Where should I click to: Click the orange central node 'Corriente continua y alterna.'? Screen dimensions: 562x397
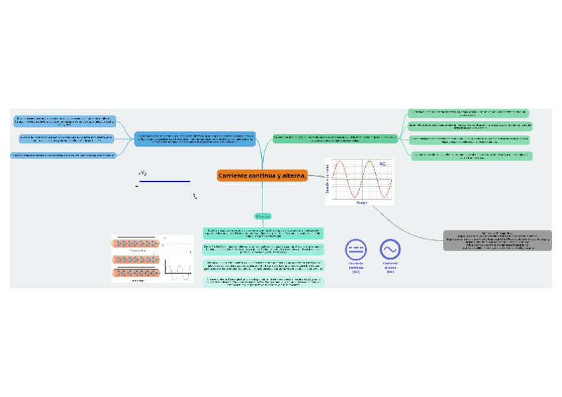(262, 176)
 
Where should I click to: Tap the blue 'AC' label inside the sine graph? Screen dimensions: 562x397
(382, 164)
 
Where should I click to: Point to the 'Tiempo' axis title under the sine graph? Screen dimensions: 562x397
(361, 203)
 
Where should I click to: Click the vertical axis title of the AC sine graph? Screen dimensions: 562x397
(327, 181)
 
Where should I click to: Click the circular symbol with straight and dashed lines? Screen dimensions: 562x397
(355, 249)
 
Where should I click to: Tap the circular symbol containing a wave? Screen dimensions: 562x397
(390, 249)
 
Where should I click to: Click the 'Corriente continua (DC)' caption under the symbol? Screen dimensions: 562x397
(356, 267)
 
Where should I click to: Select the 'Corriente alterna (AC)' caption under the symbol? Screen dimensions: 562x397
(390, 267)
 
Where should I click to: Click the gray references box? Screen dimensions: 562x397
(498, 241)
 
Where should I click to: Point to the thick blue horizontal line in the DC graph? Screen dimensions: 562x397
(164, 181)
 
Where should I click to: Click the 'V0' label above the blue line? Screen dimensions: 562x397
(143, 173)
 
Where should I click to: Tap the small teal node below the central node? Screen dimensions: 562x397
(262, 216)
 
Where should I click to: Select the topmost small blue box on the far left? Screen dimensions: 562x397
(65, 121)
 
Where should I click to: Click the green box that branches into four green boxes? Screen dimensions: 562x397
(336, 139)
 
